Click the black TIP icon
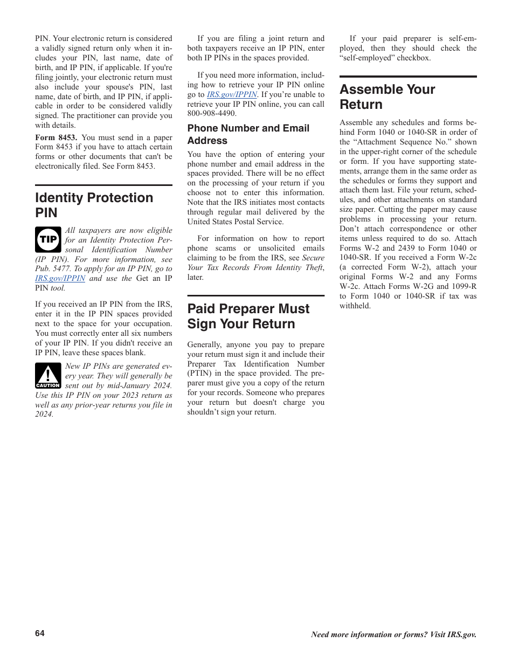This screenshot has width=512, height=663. [x=48, y=239]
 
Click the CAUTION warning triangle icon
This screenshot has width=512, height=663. [x=48, y=376]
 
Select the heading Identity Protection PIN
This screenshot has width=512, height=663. [x=94, y=205]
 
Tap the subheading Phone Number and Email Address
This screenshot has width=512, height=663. [x=248, y=134]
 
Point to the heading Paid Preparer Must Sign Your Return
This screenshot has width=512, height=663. [x=248, y=316]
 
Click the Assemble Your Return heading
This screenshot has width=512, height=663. [x=387, y=96]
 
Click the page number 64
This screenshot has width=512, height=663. [x=40, y=633]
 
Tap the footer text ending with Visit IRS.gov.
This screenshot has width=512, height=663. [x=393, y=634]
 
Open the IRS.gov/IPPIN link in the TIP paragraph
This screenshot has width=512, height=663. [x=60, y=278]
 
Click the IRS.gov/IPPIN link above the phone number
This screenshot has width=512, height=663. [x=232, y=94]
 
